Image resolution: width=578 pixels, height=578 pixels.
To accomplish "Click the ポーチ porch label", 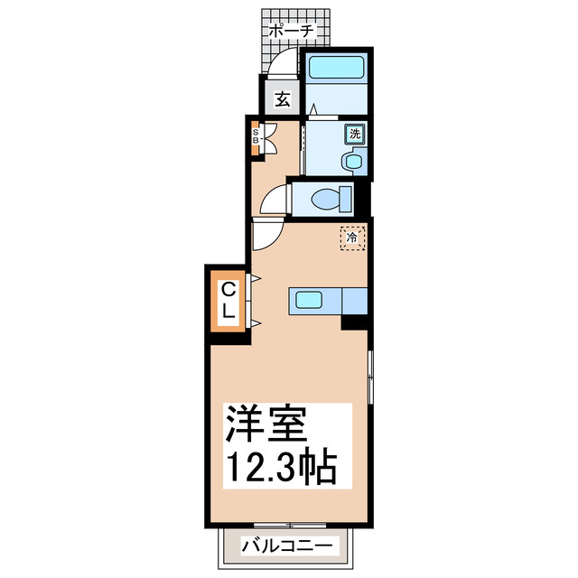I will [x=291, y=31].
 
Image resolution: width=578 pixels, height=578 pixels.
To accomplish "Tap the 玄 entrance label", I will [x=282, y=98].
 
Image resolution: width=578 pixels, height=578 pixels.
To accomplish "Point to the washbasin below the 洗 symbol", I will [x=352, y=162].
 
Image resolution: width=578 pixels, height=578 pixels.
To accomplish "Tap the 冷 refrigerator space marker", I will [x=353, y=238].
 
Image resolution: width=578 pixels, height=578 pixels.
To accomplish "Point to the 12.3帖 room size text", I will [x=281, y=468].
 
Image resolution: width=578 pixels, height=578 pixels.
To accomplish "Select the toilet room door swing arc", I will [x=272, y=201].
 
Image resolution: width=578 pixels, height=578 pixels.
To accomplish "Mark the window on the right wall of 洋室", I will [x=370, y=375].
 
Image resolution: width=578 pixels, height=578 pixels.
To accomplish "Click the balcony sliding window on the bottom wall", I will [x=289, y=525].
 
